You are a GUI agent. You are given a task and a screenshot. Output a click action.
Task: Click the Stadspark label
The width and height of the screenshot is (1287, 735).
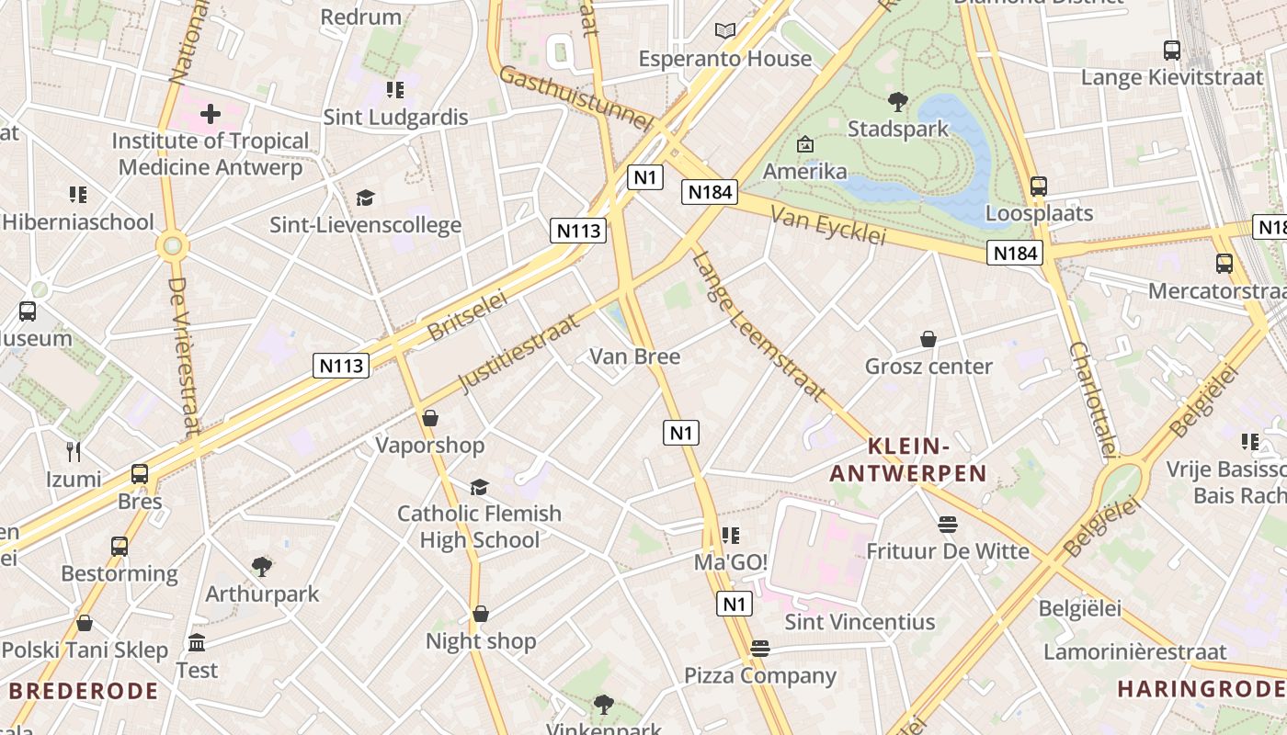click(x=897, y=129)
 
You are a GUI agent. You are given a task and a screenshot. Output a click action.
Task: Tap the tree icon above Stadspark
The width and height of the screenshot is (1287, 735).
click(x=898, y=102)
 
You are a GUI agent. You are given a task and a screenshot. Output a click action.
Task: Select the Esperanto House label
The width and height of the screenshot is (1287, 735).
click(x=725, y=59)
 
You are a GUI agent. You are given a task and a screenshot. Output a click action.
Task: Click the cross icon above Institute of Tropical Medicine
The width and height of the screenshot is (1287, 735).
click(x=211, y=114)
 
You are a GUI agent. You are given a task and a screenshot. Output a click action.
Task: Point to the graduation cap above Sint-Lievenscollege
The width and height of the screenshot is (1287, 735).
click(x=365, y=198)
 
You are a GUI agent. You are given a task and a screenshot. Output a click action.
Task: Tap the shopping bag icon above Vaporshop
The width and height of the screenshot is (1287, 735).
click(x=429, y=419)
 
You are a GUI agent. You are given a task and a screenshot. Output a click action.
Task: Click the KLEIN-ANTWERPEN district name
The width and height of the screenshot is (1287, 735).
click(x=908, y=460)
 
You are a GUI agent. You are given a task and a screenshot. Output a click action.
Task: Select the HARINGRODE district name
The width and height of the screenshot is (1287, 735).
click(x=1201, y=688)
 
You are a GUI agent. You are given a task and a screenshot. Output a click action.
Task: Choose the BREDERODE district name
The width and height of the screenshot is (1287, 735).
click(x=84, y=691)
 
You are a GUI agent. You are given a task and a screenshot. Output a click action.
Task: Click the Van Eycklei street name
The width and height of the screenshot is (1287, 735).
click(x=827, y=225)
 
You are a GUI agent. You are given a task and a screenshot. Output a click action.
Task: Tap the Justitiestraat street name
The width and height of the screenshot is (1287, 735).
click(x=519, y=353)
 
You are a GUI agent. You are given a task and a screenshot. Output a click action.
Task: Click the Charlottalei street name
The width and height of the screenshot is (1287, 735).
click(x=1093, y=400)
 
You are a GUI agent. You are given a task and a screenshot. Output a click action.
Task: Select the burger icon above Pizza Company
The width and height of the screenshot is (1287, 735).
click(x=759, y=649)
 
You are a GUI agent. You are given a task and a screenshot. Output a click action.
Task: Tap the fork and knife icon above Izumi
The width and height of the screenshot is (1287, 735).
click(x=74, y=452)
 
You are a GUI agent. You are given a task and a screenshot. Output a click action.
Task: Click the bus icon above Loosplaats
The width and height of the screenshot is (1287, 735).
click(x=1039, y=187)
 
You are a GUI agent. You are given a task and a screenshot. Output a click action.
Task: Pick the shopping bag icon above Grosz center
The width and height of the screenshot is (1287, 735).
click(x=928, y=340)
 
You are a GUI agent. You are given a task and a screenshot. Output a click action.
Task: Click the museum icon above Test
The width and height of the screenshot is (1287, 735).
click(x=197, y=642)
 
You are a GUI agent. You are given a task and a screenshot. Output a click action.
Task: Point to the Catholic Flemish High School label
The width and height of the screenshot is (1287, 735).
click(x=479, y=526)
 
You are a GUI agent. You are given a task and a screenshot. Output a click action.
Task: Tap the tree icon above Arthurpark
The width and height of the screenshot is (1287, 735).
click(x=262, y=566)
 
